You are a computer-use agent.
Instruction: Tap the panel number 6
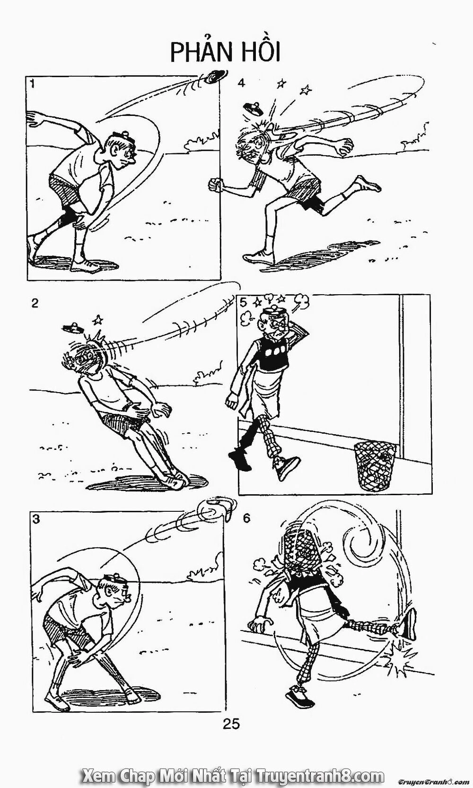[x=246, y=518]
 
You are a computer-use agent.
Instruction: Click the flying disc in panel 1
[x=215, y=77]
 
